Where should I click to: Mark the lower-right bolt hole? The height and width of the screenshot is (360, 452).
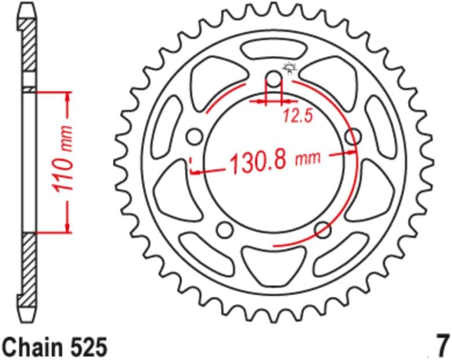322,230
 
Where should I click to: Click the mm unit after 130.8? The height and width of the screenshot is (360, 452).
307,158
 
